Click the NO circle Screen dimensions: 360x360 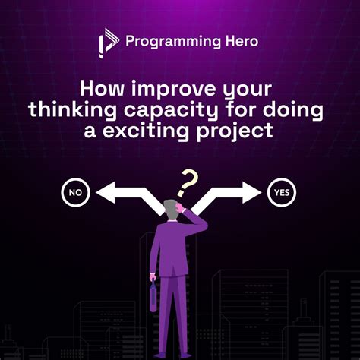pos(74,192)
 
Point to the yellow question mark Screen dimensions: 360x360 pos(187,181)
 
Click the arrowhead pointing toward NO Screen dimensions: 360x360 pos(104,192)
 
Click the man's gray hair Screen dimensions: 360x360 pos(172,207)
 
